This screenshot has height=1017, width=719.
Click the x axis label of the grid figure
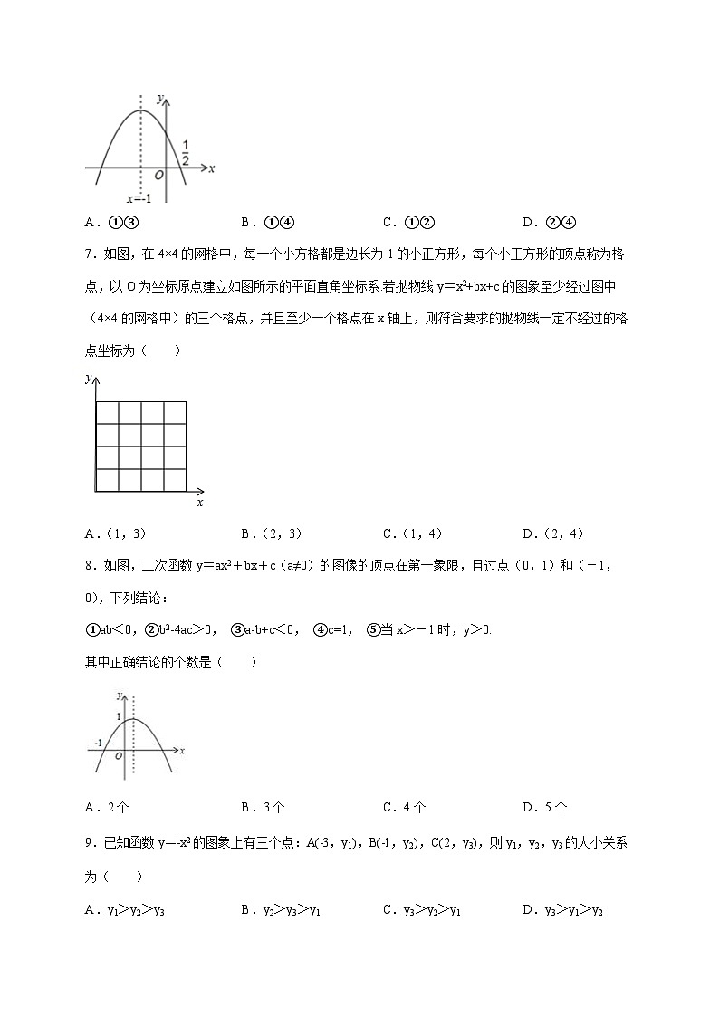click(x=199, y=502)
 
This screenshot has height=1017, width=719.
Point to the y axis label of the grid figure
click(x=88, y=379)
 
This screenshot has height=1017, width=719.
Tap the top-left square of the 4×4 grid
click(x=106, y=411)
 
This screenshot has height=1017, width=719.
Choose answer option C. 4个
click(x=404, y=808)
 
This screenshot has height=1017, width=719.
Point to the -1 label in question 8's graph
click(x=98, y=744)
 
